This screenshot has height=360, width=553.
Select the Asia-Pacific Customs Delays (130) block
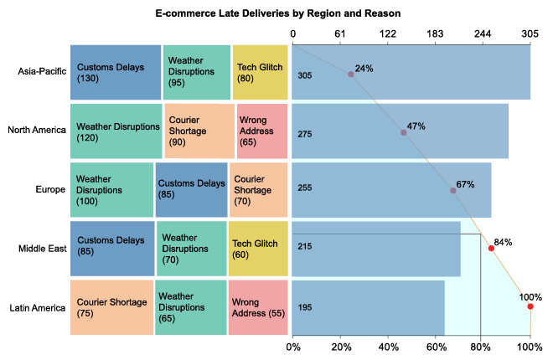click(115, 72)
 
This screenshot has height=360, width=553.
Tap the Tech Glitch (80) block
click(260, 72)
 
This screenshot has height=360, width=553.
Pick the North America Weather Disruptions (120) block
click(116, 131)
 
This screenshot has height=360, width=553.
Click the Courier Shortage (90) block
click(199, 131)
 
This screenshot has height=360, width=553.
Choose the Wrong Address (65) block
click(262, 131)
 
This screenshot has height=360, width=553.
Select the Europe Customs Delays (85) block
click(191, 189)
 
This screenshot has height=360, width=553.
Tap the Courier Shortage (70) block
click(259, 189)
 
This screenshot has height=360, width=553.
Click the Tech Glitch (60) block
click(257, 249)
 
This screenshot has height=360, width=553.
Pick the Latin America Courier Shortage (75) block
click(111, 307)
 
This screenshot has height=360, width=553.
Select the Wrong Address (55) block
click(257, 307)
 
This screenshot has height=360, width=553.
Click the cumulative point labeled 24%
click(351, 75)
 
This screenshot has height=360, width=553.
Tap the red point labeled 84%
click(491, 249)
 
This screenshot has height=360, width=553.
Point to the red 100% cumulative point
click(530, 306)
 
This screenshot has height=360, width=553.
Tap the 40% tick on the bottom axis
click(388, 346)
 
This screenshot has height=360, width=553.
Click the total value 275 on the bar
click(305, 134)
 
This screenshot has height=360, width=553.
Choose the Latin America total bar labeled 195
click(369, 307)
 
